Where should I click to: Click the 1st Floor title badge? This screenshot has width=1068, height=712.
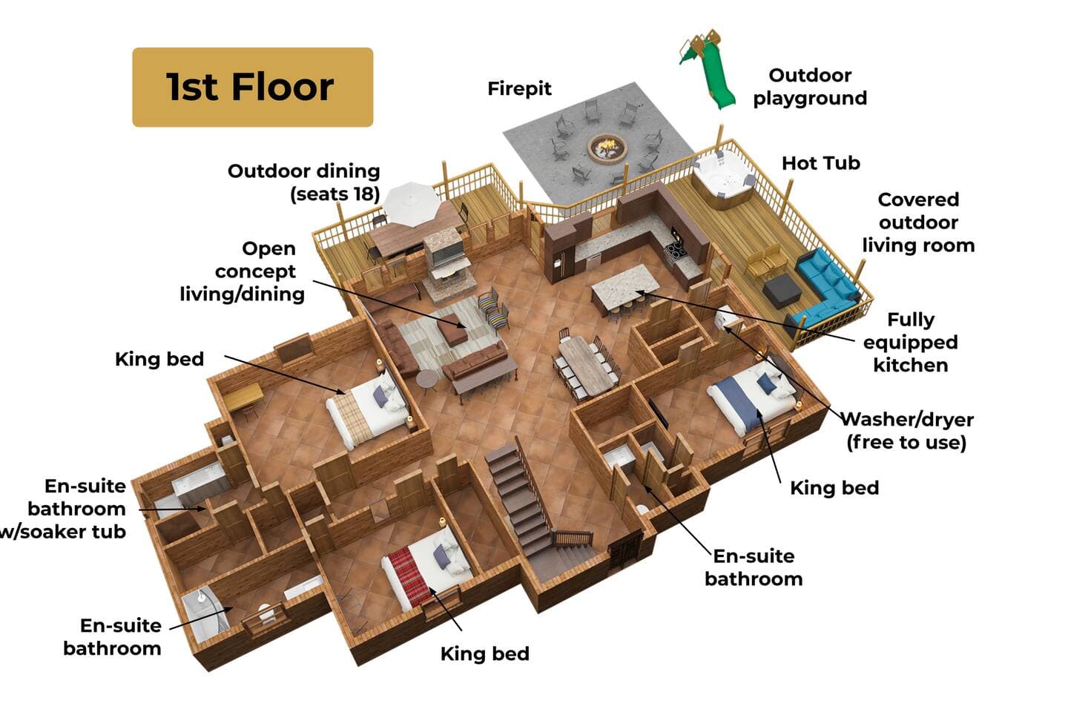(x=253, y=88)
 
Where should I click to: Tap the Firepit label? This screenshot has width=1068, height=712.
(x=519, y=89)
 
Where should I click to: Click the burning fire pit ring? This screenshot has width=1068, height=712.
(x=607, y=148)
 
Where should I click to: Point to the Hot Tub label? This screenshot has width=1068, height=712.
(x=821, y=163)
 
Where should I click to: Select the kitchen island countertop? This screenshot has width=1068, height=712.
(x=625, y=286)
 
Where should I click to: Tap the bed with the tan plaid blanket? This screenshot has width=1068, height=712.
(x=368, y=409)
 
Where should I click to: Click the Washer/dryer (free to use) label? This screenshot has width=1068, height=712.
(x=906, y=431)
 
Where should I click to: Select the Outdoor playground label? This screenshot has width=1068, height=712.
(x=810, y=87)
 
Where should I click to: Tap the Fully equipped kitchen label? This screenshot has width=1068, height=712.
(x=911, y=343)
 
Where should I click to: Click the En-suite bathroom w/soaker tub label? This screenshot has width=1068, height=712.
(x=63, y=509)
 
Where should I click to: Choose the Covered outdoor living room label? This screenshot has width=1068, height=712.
(x=918, y=222)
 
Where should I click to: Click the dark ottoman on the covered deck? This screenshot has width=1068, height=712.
(x=782, y=291)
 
